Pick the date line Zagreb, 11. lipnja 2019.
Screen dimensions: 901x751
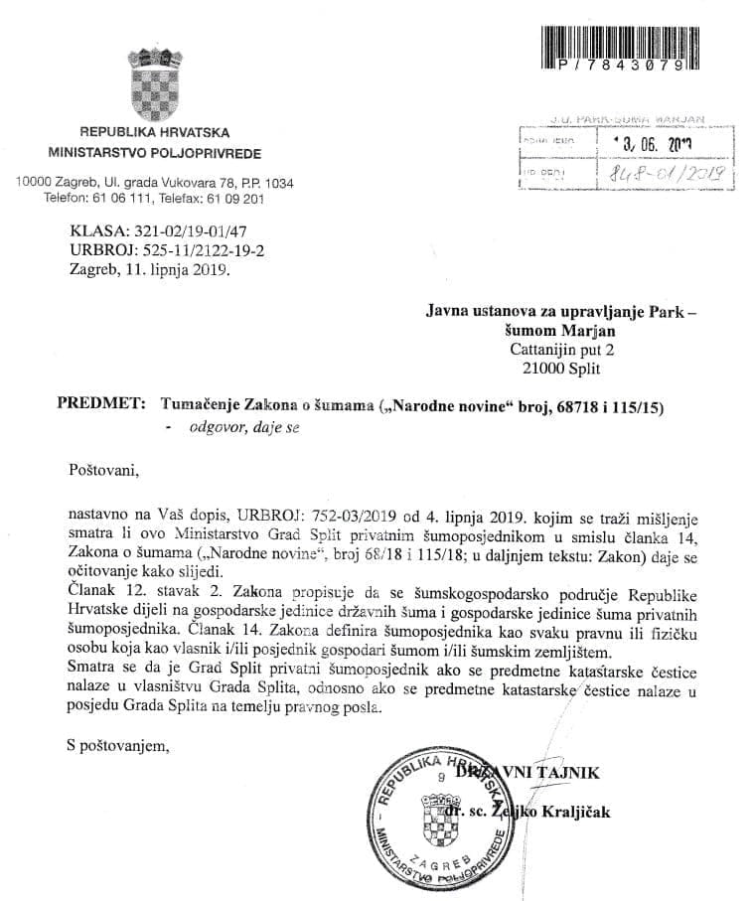pos(150,269)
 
